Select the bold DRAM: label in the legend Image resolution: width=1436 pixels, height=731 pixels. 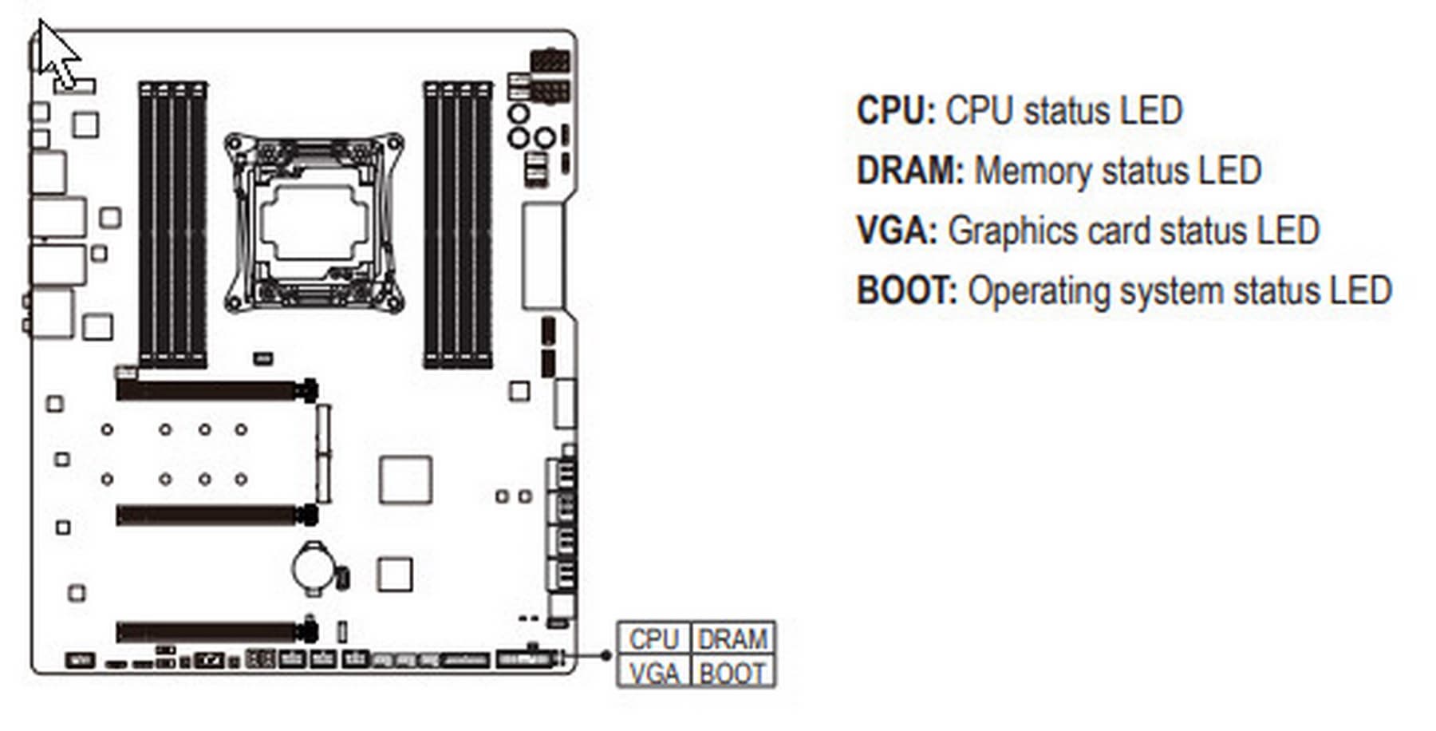[910, 171]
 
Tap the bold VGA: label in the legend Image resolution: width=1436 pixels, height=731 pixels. [896, 231]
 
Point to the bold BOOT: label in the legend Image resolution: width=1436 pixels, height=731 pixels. [906, 290]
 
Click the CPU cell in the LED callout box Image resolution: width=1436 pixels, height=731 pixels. [653, 639]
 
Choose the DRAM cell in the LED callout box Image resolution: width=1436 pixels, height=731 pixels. [732, 639]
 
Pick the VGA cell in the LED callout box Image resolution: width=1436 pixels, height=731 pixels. [653, 674]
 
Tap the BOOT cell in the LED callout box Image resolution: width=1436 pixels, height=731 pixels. [732, 674]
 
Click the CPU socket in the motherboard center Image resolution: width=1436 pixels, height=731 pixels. [314, 223]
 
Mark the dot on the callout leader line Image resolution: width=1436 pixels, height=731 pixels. [606, 655]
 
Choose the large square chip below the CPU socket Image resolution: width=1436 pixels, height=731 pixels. [405, 480]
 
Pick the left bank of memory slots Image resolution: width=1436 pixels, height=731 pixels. [172, 224]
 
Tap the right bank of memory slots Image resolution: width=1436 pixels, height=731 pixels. [457, 224]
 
